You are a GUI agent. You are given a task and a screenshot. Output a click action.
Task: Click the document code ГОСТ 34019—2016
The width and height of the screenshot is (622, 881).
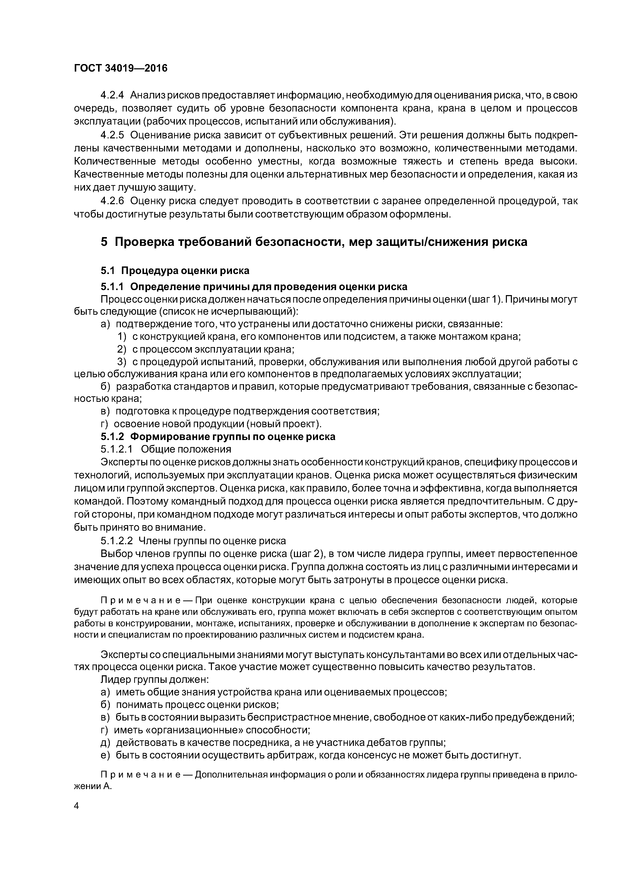click(x=121, y=68)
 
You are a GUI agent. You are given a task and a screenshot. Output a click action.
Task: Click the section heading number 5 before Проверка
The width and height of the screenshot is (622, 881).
click(x=104, y=242)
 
